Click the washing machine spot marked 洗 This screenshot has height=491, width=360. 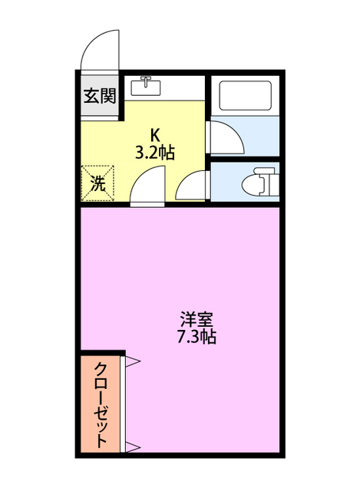point(98,183)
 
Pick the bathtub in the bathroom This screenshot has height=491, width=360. point(245,97)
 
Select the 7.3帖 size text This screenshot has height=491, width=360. point(197,336)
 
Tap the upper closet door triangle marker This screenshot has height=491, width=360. point(131,361)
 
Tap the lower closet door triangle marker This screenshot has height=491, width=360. point(131,447)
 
